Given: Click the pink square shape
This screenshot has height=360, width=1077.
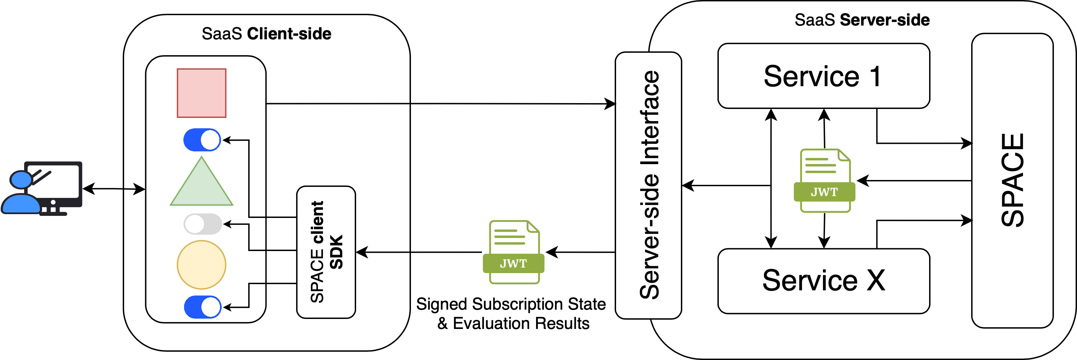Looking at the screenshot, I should pos(202,93).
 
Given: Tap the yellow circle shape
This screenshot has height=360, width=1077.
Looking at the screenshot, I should pos(202,265).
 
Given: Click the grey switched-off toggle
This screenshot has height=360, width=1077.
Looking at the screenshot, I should pos(203,224).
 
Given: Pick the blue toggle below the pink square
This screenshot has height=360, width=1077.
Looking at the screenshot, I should pos(202,140).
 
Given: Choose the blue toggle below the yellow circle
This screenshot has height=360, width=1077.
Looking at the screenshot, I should pos(203,307).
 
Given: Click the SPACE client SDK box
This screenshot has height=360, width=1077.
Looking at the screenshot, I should pos(326,252).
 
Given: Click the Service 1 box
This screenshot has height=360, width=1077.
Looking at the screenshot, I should pos(823,76).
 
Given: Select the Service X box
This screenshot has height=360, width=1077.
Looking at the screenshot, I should pos(823,281).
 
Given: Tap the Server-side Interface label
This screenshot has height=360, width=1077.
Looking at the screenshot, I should pos(649,185).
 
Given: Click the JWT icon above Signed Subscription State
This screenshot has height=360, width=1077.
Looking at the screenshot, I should pos(513,252).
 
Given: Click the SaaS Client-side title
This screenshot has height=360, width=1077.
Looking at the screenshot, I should pos(266,34).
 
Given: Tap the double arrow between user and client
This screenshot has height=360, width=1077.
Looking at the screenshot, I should pos(114,189).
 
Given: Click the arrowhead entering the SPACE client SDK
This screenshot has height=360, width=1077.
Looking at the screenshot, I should pos(361,252).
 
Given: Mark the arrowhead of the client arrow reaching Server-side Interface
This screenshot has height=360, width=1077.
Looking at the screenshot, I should pos(611,104).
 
